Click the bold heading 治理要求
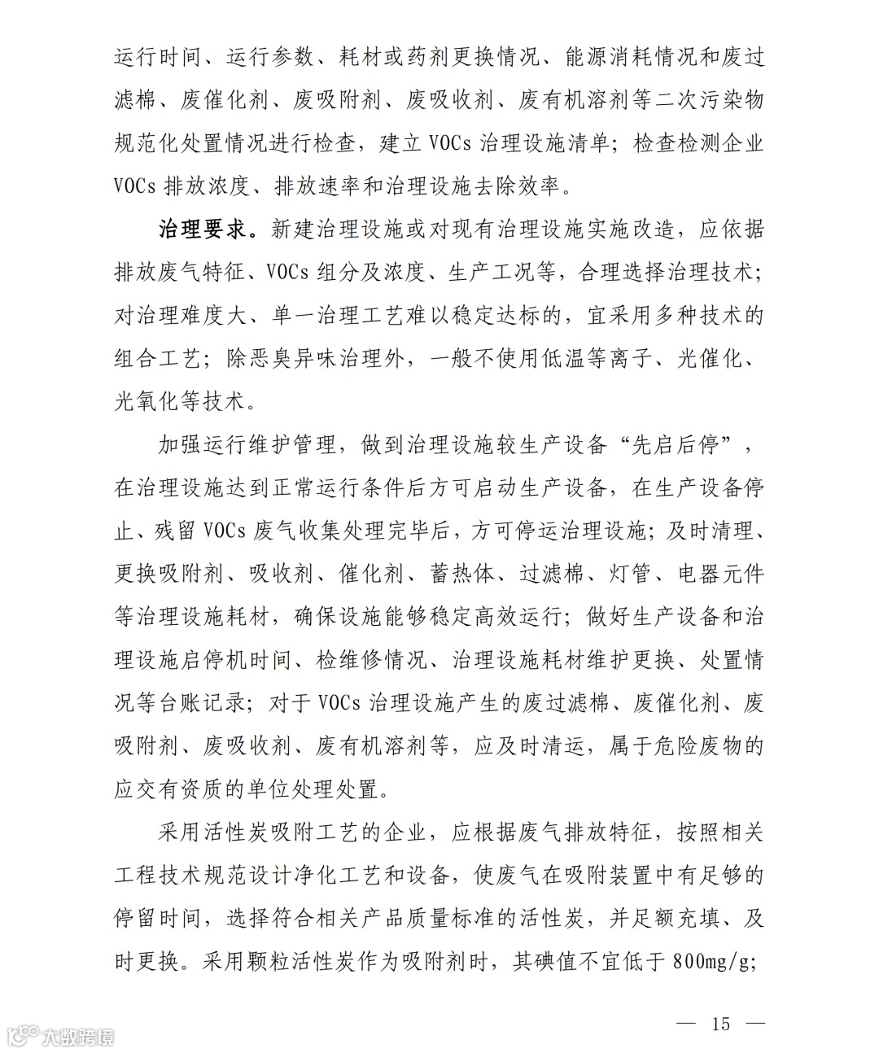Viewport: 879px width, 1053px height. pos(202,229)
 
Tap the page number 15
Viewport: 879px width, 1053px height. pos(721,1023)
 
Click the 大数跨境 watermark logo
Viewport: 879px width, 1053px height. pos(61,1036)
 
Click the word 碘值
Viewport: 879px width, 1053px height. pos(556,961)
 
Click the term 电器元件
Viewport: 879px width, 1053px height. pos(721,574)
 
